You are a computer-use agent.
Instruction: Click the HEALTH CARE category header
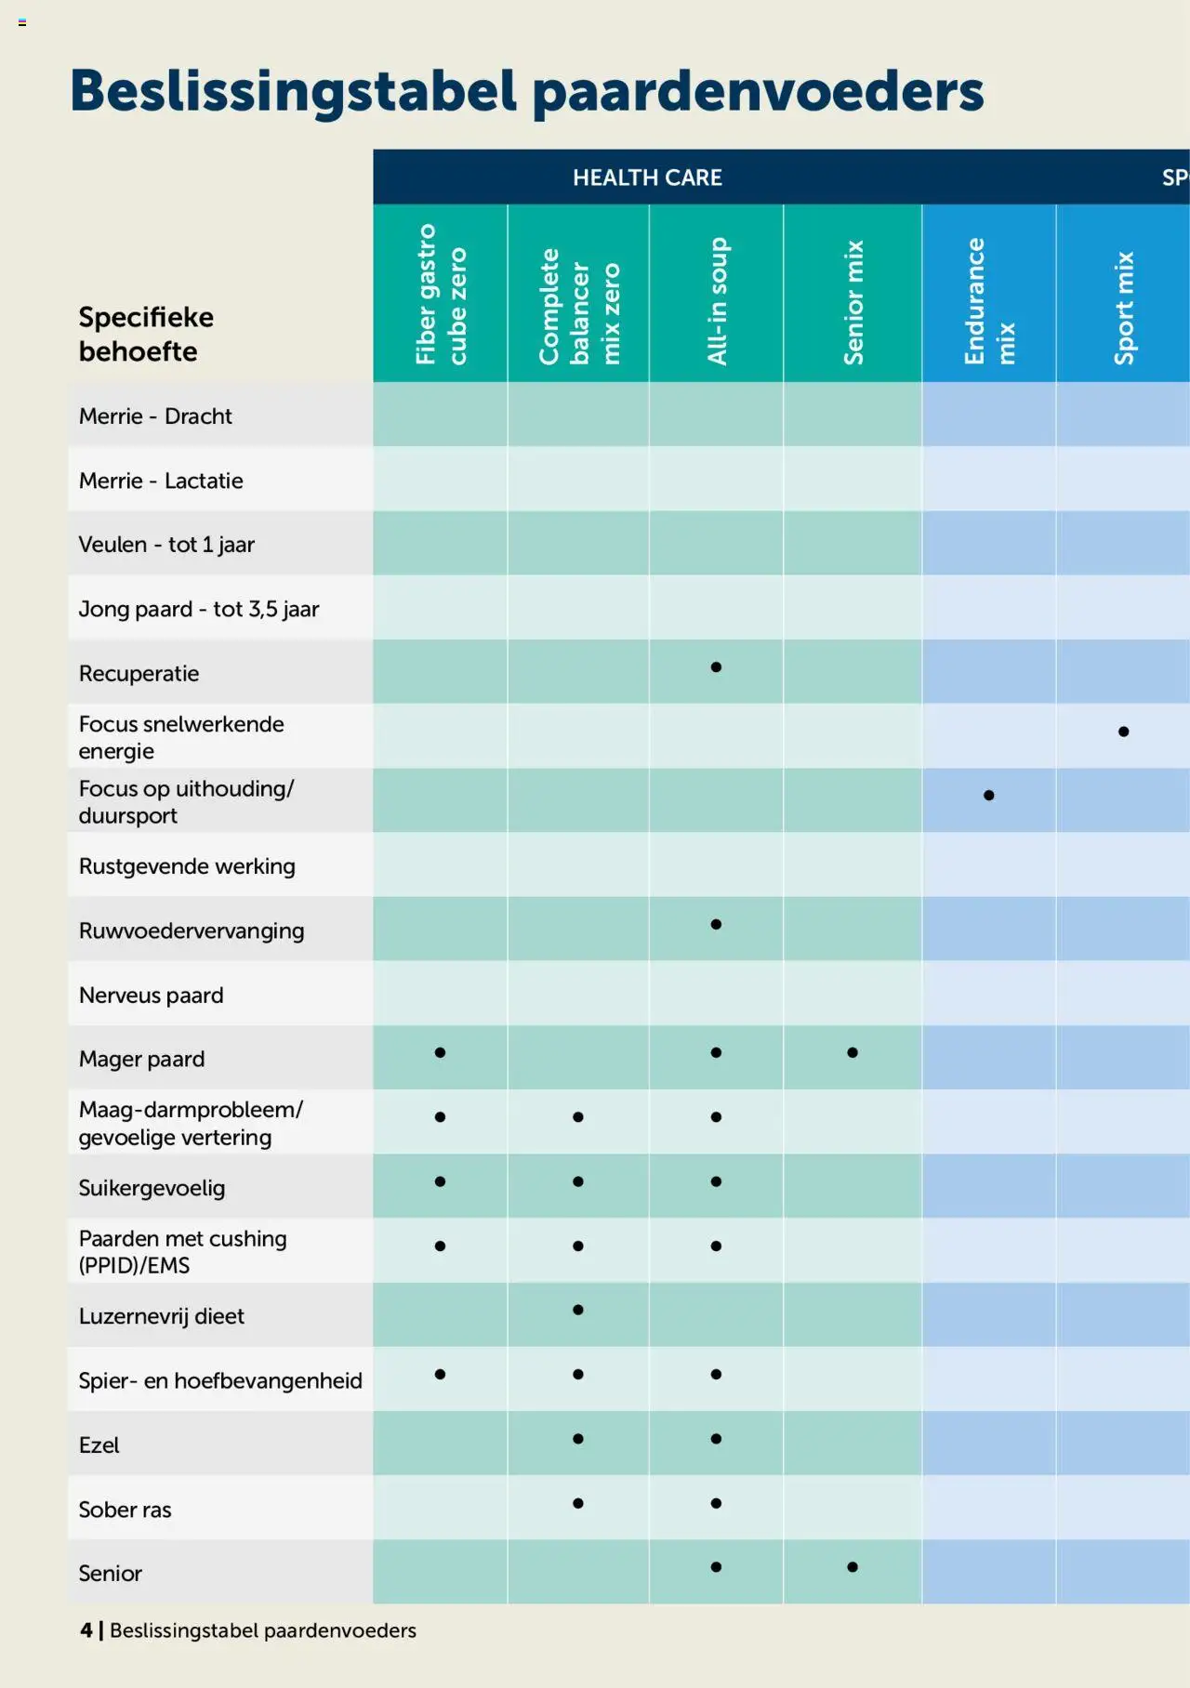coord(647,178)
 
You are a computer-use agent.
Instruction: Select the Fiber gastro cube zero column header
coord(441,294)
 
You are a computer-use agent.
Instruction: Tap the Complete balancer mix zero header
coord(578,306)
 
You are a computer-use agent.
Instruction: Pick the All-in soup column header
coord(717,301)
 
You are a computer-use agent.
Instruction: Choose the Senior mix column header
coord(853,302)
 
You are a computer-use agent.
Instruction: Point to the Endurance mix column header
coord(989,301)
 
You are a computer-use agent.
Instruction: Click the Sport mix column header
coord(1125,308)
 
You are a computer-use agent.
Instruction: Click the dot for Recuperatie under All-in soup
coord(716,667)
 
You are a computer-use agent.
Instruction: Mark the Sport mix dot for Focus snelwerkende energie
coord(1124,732)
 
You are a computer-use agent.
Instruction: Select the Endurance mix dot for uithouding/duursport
coord(989,796)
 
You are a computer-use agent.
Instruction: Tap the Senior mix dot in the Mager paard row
coord(853,1053)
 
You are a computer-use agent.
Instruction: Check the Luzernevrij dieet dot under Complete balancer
coord(578,1310)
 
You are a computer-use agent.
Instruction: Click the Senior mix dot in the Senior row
coord(853,1567)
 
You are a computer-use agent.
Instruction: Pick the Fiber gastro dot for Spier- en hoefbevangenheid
coord(440,1374)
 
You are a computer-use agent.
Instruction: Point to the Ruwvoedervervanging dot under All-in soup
coord(716,924)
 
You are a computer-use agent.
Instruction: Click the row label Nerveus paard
coord(152,996)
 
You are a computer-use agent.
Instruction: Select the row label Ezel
coord(99,1445)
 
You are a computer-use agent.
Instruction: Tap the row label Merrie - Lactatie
coord(161,481)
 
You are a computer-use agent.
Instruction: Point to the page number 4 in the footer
coord(86,1630)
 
